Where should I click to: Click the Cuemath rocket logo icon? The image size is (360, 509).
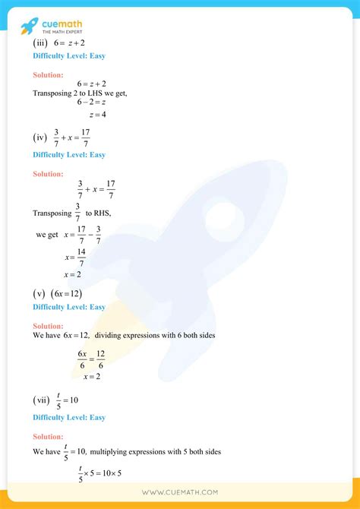[x=28, y=25]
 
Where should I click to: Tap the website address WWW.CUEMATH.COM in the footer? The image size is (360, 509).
[x=180, y=492]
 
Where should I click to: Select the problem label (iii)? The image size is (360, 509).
[x=39, y=44]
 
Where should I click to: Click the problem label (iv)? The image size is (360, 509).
[x=40, y=138]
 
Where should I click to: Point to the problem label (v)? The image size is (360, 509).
[x=39, y=293]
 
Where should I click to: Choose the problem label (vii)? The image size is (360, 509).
[x=41, y=400]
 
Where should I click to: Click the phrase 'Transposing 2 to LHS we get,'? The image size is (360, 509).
[x=80, y=93]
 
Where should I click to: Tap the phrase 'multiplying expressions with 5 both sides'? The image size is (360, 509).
[x=156, y=451]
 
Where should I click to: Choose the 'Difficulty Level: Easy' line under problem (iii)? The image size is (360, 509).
[x=69, y=57]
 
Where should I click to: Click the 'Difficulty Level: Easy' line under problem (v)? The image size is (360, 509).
[x=69, y=307]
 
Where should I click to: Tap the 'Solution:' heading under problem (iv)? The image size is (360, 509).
[x=48, y=174]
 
